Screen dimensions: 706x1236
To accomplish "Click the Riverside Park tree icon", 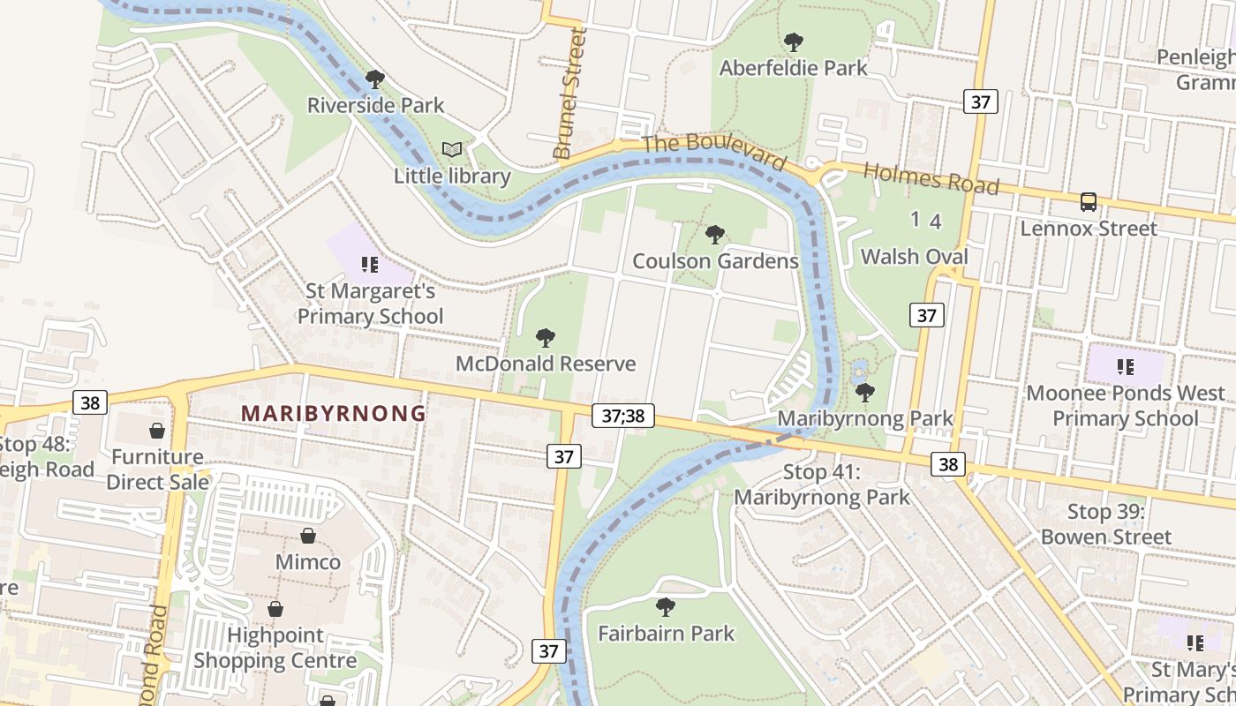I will (x=375, y=79).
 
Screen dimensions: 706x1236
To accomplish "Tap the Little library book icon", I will (x=452, y=150).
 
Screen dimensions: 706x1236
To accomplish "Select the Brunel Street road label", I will (x=569, y=94).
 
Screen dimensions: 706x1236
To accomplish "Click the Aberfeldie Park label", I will (x=793, y=68).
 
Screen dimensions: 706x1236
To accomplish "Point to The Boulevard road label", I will (x=713, y=153).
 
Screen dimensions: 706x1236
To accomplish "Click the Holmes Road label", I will (x=931, y=178).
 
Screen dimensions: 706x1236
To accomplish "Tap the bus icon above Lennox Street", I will (x=1089, y=202).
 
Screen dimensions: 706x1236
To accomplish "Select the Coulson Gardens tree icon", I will (x=715, y=235).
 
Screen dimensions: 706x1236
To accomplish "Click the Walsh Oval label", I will (x=915, y=257).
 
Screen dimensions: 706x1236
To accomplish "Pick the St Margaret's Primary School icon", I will (x=370, y=264).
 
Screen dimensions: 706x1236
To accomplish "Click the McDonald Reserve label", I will (x=546, y=364).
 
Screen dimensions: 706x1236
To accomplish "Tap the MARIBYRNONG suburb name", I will (x=334, y=413).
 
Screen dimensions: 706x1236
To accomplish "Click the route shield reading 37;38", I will (x=623, y=416).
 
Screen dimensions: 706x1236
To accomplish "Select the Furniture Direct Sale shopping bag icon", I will (x=157, y=431).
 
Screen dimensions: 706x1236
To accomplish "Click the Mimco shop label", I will (x=308, y=562).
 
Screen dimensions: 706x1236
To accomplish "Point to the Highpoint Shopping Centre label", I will (x=275, y=648).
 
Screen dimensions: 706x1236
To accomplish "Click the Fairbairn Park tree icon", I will (x=666, y=607).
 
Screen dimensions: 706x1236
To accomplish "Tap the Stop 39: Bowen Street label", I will (x=1106, y=524).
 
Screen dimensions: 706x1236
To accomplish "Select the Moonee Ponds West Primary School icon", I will (x=1125, y=366).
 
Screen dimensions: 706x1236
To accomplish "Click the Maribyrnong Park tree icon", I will (x=865, y=392).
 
